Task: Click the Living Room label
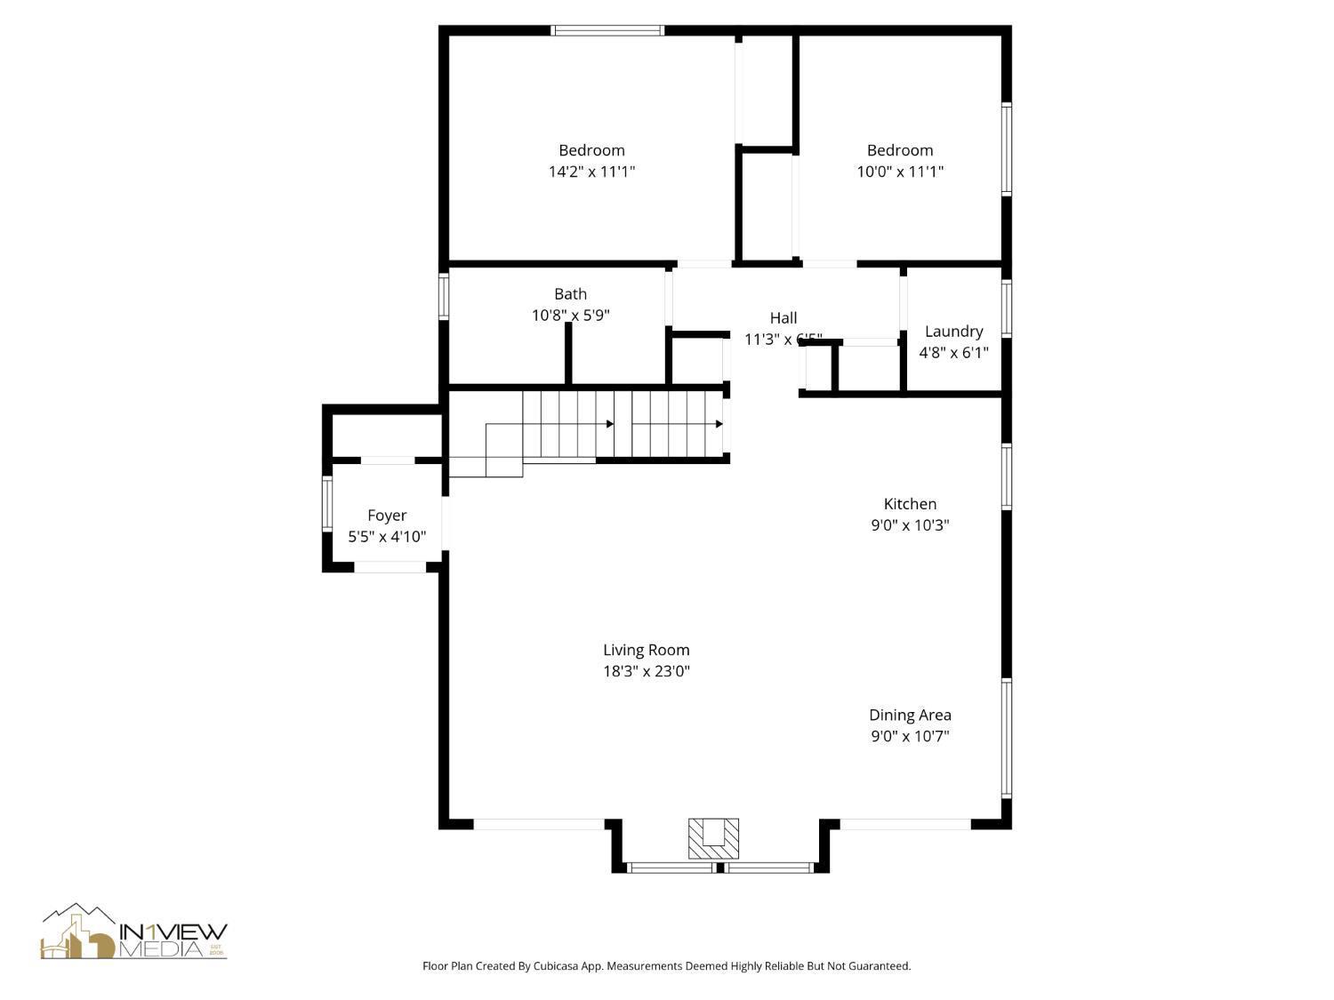[x=646, y=650]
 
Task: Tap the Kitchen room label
[x=910, y=504]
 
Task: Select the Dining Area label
[x=910, y=715]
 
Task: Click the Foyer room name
[x=387, y=516]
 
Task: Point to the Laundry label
[x=953, y=332]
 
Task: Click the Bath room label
[x=570, y=294]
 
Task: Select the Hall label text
[x=783, y=317]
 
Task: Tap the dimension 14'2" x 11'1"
[x=591, y=172]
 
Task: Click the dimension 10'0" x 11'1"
[x=900, y=172]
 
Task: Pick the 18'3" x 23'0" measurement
[x=646, y=671]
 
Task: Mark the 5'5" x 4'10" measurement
[x=387, y=537]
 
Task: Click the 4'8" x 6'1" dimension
[x=953, y=353]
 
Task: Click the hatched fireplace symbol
[x=713, y=838]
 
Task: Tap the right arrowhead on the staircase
[x=719, y=424]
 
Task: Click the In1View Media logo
[x=133, y=933]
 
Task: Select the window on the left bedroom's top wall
[x=607, y=30]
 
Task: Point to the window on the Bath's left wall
[x=443, y=296]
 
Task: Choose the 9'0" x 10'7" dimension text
[x=910, y=736]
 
